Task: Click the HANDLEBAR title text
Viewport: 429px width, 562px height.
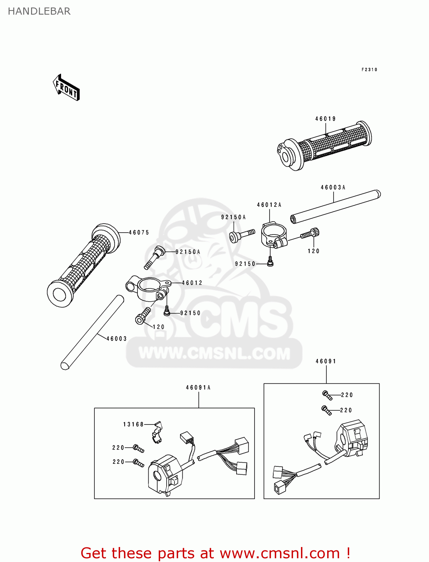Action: (x=39, y=11)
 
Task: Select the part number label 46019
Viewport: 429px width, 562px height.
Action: (x=325, y=119)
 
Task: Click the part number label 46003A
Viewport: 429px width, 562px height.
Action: (x=333, y=187)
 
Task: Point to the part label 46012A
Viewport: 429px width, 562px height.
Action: (x=269, y=205)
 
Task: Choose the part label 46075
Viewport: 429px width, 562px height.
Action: (x=139, y=233)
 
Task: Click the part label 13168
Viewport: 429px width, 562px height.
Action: (x=133, y=424)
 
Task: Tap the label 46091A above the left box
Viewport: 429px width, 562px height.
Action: (x=198, y=388)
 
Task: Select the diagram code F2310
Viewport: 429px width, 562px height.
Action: (x=369, y=70)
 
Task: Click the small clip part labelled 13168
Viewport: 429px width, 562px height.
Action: (x=157, y=432)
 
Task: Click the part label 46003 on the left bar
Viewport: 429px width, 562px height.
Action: (x=116, y=339)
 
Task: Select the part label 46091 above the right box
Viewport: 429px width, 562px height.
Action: (x=326, y=362)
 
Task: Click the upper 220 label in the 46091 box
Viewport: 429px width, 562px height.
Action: (x=347, y=395)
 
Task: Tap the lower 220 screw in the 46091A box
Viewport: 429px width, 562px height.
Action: (x=139, y=463)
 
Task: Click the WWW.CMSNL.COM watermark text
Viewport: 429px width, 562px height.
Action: (x=214, y=353)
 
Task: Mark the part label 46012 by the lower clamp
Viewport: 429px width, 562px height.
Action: (x=192, y=283)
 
